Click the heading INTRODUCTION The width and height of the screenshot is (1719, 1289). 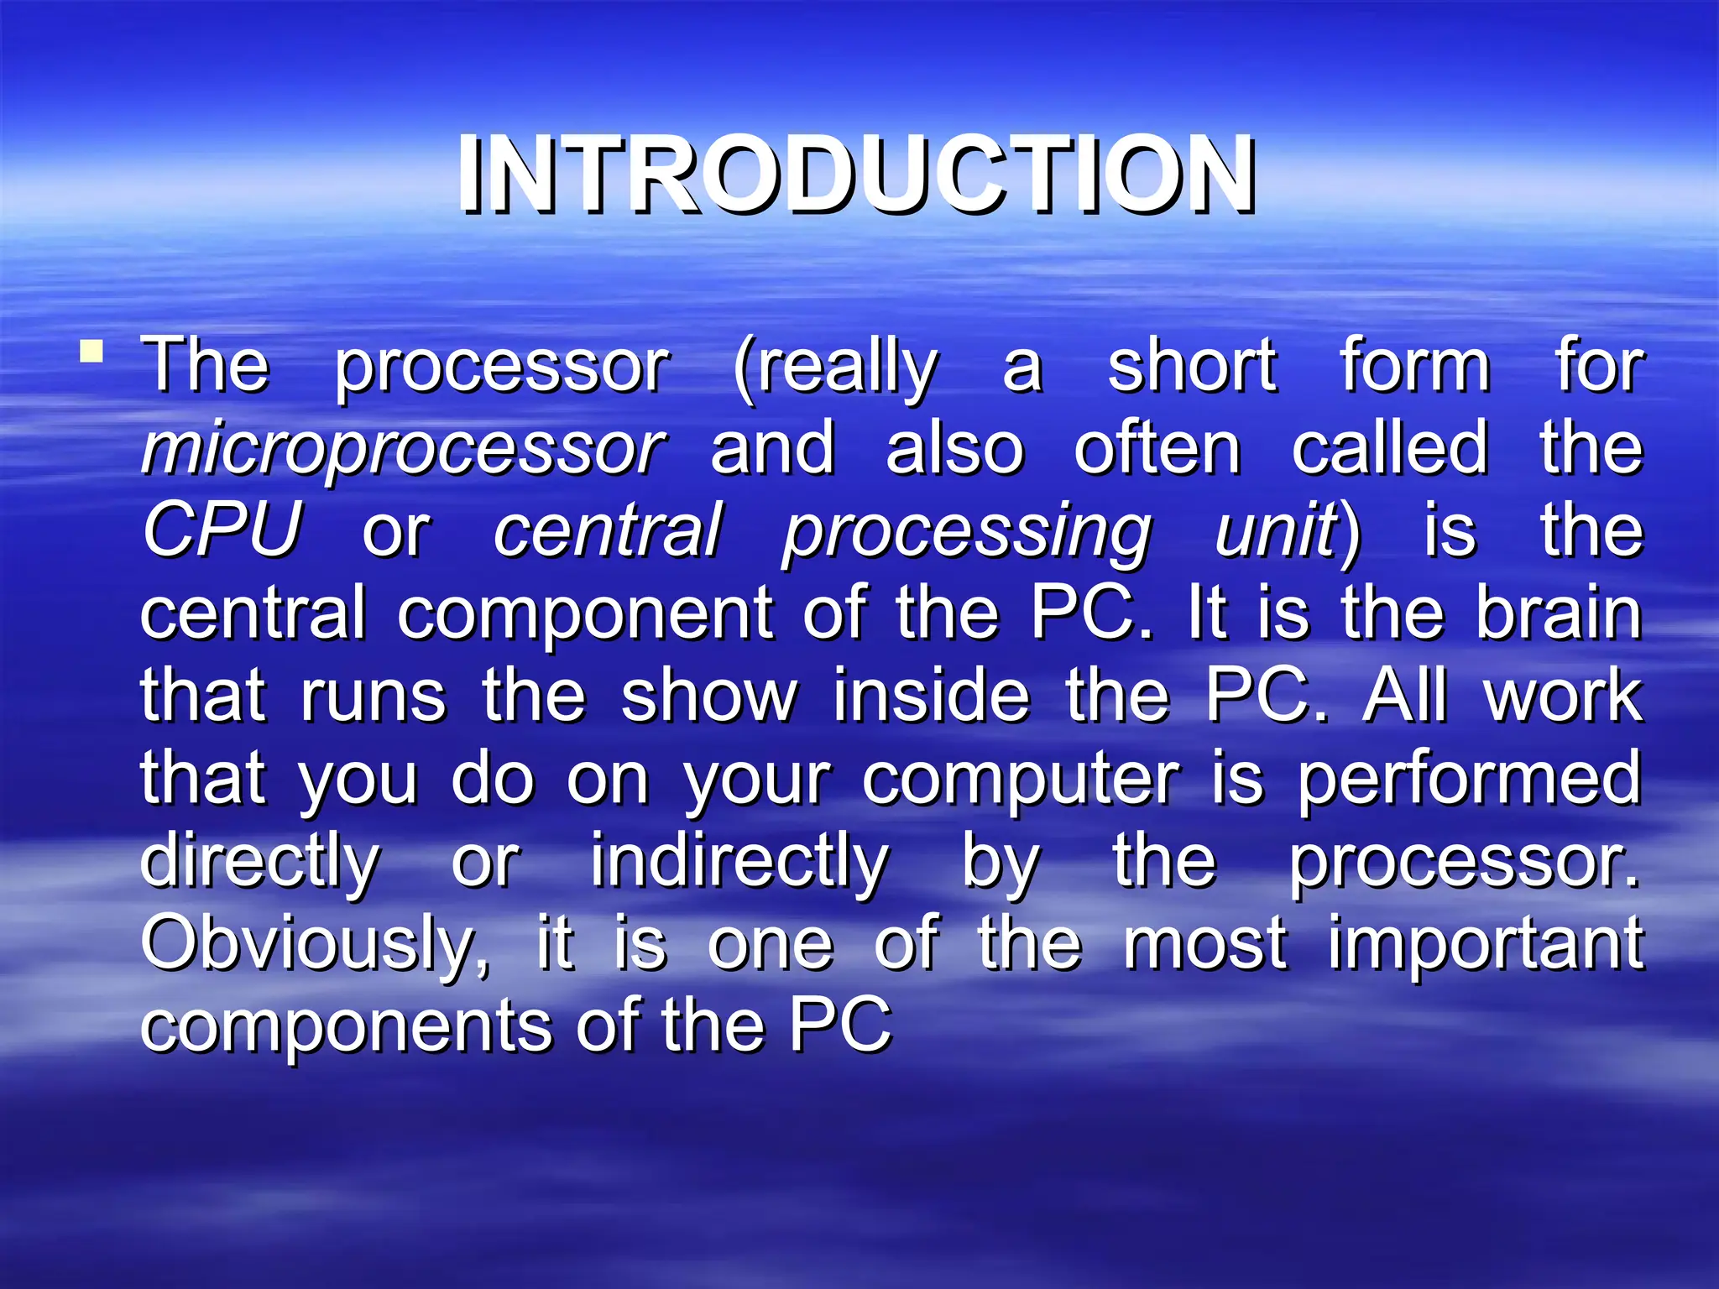click(856, 175)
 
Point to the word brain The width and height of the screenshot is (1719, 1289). click(1559, 613)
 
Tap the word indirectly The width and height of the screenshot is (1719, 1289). click(739, 863)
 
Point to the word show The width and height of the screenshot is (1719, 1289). click(709, 697)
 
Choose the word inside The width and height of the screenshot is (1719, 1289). click(932, 697)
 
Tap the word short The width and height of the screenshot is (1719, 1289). click(1192, 367)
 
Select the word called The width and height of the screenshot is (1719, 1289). click(1389, 449)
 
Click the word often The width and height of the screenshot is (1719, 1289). click(1157, 449)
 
